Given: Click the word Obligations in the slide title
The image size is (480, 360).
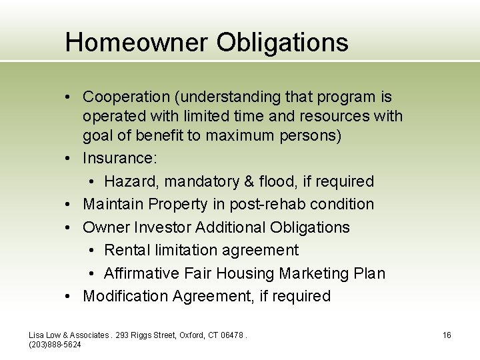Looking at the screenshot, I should click(282, 43).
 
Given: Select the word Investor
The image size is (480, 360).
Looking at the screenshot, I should click(163, 227).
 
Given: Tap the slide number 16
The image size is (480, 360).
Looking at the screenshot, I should click(447, 335).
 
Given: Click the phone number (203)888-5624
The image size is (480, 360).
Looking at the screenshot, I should click(55, 344).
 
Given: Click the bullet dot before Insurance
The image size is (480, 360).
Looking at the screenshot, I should click(69, 159).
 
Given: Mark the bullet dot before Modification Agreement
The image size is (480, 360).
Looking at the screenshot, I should click(69, 297).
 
